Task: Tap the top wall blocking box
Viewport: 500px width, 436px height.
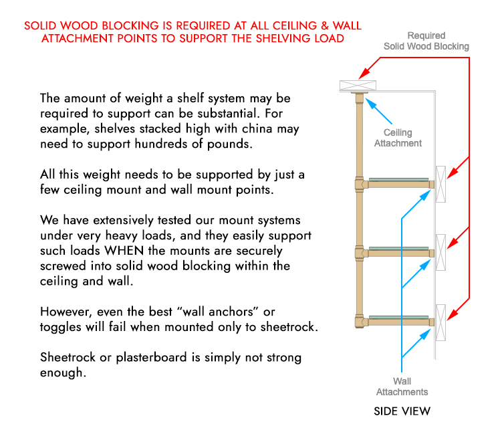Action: click(x=441, y=183)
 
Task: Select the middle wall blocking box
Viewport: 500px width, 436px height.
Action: click(x=441, y=252)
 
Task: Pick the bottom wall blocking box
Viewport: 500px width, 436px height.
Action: click(x=441, y=322)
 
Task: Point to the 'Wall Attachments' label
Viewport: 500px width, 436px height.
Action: click(x=402, y=387)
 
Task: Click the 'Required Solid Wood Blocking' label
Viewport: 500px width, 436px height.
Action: click(x=426, y=41)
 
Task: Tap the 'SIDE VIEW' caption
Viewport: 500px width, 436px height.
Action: click(x=402, y=411)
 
